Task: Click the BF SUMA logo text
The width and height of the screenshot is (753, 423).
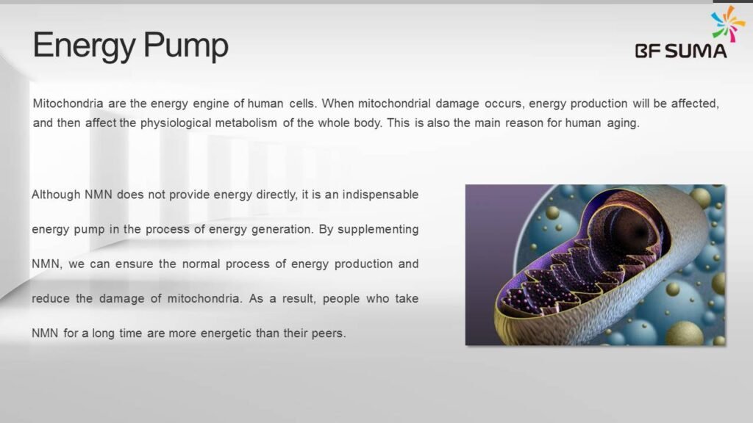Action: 681,51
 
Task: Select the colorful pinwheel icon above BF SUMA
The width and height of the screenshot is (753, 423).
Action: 728,23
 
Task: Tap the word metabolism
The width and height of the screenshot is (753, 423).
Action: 246,123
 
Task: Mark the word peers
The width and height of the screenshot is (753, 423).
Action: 327,333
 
